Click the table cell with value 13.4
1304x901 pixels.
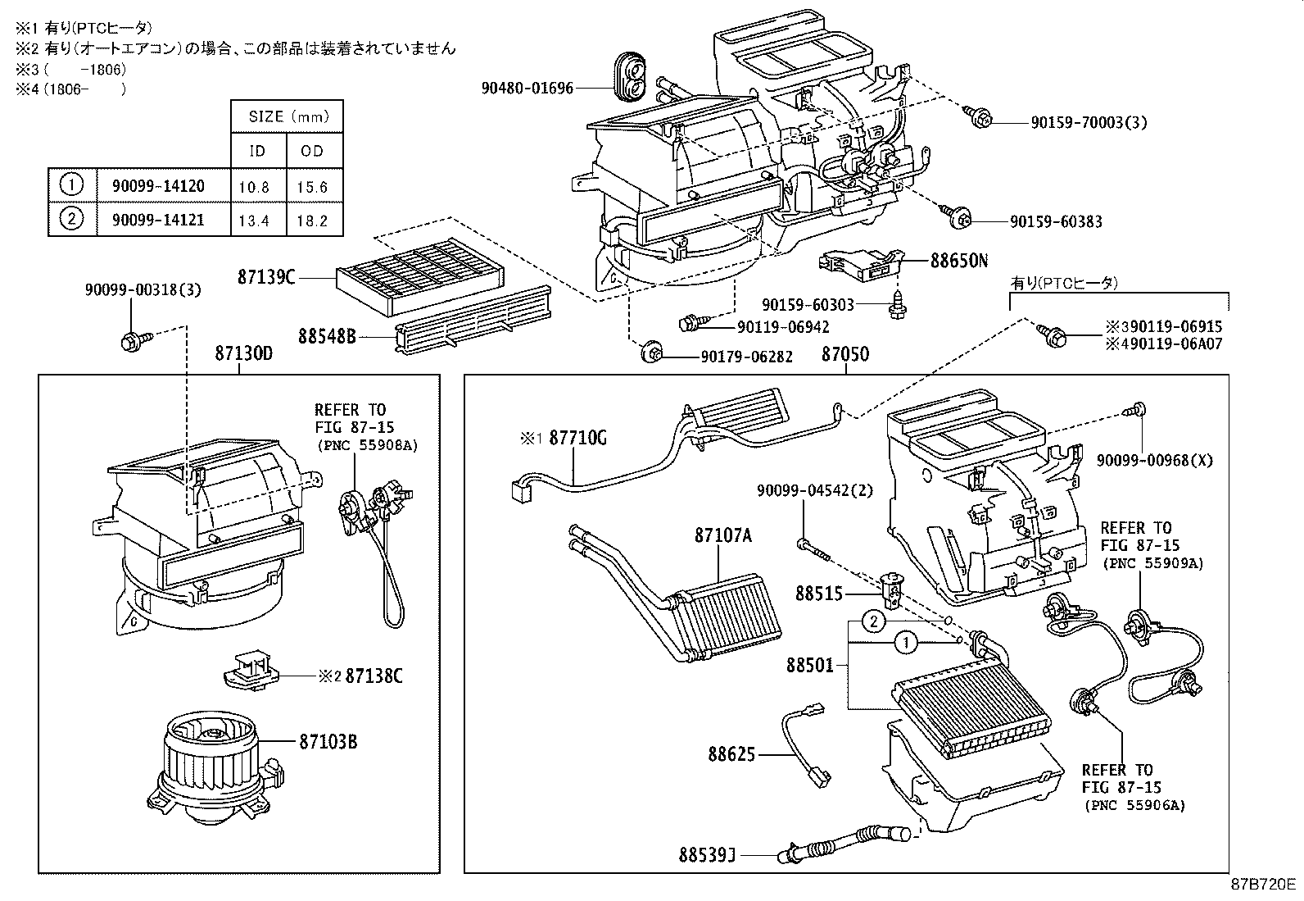click(254, 220)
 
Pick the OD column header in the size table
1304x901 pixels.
click(312, 151)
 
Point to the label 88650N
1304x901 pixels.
click(959, 262)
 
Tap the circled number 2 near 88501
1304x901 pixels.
click(874, 622)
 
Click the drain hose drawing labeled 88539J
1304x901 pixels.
click(844, 843)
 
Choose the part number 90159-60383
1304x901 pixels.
click(1055, 222)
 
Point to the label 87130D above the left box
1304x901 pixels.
click(243, 354)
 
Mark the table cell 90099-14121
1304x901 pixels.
click(158, 220)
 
